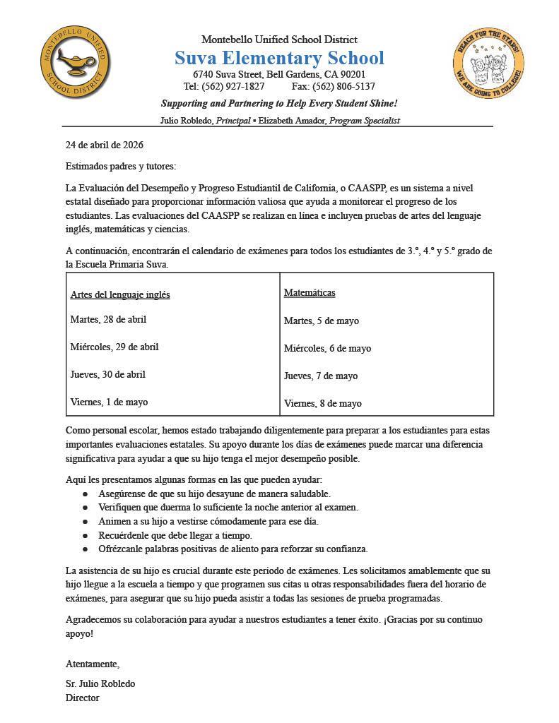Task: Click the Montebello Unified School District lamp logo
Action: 75,64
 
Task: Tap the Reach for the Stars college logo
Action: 488,65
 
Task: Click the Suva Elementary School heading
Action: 279,58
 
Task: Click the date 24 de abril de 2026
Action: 105,145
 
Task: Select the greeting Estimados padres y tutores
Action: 121,166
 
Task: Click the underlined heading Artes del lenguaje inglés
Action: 120,294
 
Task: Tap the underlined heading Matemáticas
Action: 310,292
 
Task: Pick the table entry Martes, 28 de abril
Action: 108,319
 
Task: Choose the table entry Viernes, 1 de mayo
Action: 109,402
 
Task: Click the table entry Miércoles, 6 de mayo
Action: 327,348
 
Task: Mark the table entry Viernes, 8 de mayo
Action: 322,403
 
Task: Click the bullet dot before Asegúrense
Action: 86,494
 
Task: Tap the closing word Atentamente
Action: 93,664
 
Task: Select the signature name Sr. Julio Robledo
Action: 100,683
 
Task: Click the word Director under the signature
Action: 83,698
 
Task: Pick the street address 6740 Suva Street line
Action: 279,74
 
